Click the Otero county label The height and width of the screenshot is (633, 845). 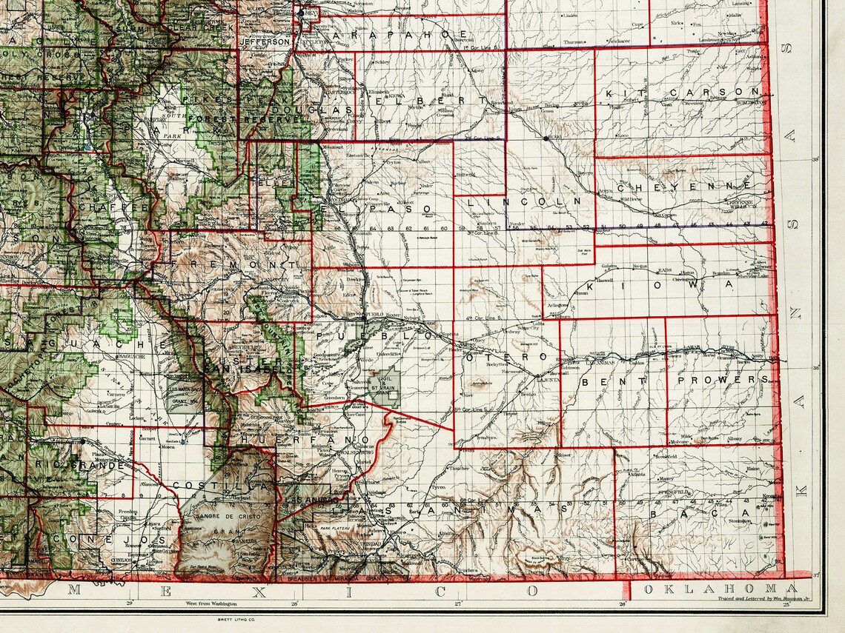(506, 358)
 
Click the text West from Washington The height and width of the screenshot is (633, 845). (211, 604)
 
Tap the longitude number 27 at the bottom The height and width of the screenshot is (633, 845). (458, 603)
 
